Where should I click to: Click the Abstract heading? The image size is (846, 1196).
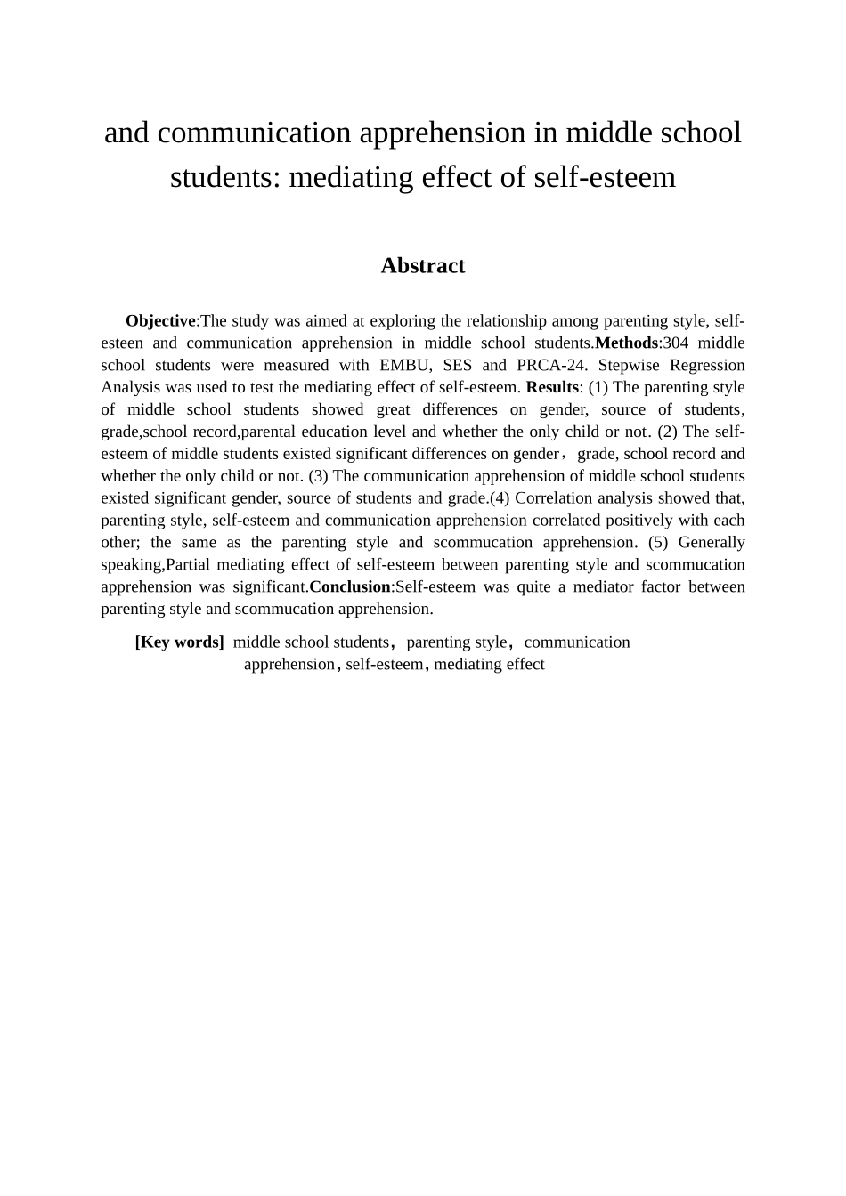[422, 266]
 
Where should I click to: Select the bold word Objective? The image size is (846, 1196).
[160, 321]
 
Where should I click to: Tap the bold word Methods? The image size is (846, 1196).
[626, 343]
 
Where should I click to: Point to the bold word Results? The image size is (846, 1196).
[552, 387]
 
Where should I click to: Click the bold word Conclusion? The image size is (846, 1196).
[349, 587]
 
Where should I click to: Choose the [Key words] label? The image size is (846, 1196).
[179, 642]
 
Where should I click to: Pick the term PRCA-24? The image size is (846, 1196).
[546, 365]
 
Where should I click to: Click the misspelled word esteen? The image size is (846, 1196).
[121, 343]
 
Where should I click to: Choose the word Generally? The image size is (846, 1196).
[712, 543]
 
